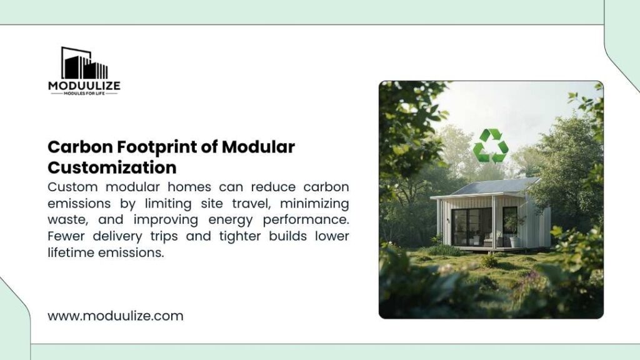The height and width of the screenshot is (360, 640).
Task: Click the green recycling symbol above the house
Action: (x=491, y=146)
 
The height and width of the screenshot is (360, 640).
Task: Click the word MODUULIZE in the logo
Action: (x=84, y=86)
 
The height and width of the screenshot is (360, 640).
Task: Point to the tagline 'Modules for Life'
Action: (x=84, y=93)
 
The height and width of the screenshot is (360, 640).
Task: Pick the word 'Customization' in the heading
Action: (x=112, y=167)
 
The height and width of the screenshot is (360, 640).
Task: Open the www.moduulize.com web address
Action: (x=116, y=316)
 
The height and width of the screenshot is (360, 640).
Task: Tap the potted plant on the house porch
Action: (x=513, y=232)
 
